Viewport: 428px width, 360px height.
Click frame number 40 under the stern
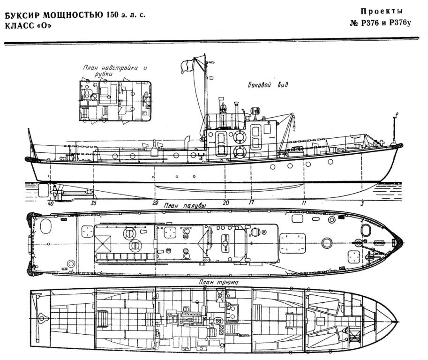pos(51,203)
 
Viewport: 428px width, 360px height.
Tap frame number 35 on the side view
pos(94,203)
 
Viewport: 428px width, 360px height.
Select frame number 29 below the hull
pos(155,203)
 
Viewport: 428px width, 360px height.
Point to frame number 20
pos(226,203)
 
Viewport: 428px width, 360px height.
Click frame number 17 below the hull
pos(251,202)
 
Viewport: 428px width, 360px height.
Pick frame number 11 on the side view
pos(304,203)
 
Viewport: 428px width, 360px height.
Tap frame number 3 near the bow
pos(362,203)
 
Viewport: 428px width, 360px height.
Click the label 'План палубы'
pos(185,206)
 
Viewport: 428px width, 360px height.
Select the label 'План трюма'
pos(218,282)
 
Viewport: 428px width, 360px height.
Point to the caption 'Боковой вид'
pos(268,85)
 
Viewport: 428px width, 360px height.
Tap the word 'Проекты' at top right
pos(382,11)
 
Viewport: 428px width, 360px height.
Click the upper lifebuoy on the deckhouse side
pos(240,137)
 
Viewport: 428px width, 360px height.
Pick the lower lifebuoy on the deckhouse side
pos(240,152)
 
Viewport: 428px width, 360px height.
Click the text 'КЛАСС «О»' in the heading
pos(28,25)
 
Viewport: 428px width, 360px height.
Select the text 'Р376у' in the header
pos(400,23)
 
